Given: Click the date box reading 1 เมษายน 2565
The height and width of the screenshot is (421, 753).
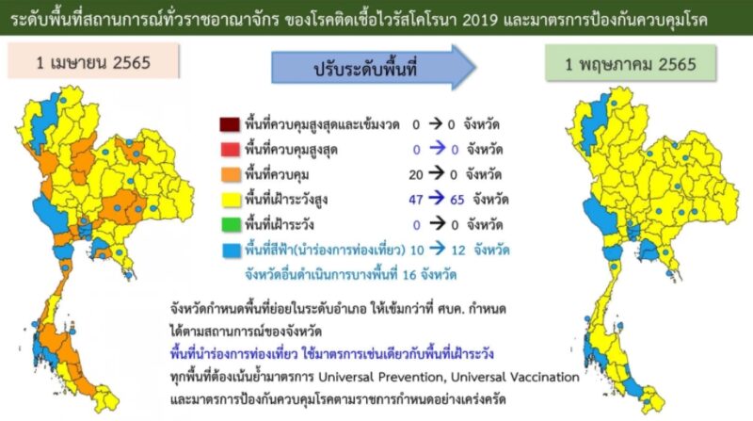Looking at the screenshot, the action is tap(93, 61).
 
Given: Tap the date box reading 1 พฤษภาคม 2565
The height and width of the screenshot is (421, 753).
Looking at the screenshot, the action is tap(631, 63).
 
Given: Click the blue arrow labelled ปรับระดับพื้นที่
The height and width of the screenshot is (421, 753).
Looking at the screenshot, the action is tap(374, 68).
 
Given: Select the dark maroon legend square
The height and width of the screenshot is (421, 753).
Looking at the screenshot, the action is tap(230, 124).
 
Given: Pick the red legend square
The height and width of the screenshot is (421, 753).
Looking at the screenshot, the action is tap(231, 150).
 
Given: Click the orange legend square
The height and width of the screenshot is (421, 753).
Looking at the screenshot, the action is tap(231, 174).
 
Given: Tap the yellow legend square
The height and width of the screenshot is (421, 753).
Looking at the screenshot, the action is tap(231, 200).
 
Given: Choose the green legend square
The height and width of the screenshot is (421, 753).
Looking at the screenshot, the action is tap(231, 224).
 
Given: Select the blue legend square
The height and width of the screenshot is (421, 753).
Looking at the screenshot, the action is tap(232, 250).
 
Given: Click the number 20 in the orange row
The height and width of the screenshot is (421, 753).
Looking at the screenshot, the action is tap(416, 175).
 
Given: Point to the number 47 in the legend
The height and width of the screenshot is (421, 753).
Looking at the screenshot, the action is tap(416, 200).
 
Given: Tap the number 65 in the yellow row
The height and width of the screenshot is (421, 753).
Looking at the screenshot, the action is tap(457, 200).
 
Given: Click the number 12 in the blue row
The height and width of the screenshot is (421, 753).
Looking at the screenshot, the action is tap(458, 251).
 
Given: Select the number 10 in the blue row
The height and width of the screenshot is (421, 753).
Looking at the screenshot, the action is tap(417, 251).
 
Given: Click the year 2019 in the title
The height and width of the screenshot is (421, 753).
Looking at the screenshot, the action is tap(482, 21).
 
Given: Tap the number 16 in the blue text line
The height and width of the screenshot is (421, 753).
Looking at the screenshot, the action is tap(409, 275).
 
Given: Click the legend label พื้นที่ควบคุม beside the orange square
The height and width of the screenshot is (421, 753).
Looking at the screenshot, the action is tap(277, 174).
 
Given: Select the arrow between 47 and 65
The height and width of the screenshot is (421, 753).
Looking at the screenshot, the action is tap(437, 199).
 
